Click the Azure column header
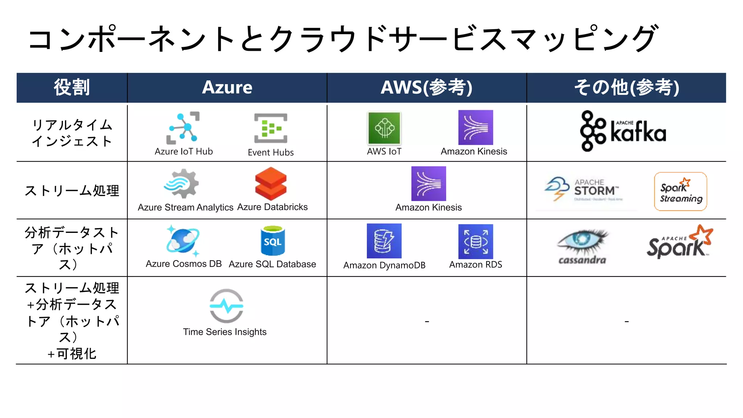point(227,87)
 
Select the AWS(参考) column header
point(427,87)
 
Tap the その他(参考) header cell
point(627,87)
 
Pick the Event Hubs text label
point(271,152)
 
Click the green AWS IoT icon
point(384,128)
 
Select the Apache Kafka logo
point(623,131)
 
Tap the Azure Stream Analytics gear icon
point(182,184)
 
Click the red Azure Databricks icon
point(271,184)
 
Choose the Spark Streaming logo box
point(680,192)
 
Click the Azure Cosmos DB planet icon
point(183,241)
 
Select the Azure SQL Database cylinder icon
point(272,241)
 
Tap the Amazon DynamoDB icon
point(384,241)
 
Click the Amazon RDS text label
point(476,265)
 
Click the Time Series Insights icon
point(226,306)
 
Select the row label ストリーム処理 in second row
point(72,190)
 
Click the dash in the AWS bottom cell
point(427,321)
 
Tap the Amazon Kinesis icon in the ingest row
point(476,128)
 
